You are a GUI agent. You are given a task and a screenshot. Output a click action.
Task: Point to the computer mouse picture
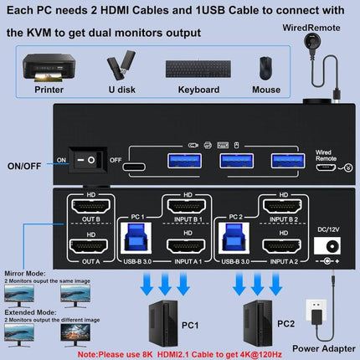click(265, 68)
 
